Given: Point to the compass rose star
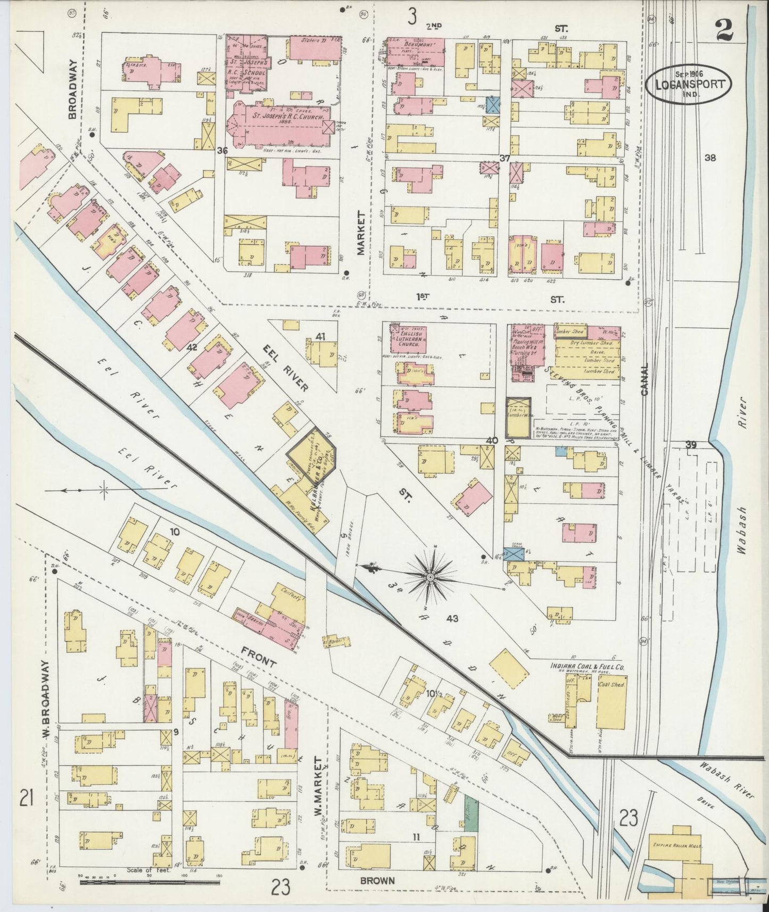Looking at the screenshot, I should (x=430, y=576).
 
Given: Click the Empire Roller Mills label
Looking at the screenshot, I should (x=676, y=845).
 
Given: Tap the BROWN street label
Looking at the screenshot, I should (x=377, y=881).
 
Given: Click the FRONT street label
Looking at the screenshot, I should (x=259, y=659).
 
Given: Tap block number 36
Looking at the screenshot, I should (x=222, y=151).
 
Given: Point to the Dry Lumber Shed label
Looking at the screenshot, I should (x=585, y=343).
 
